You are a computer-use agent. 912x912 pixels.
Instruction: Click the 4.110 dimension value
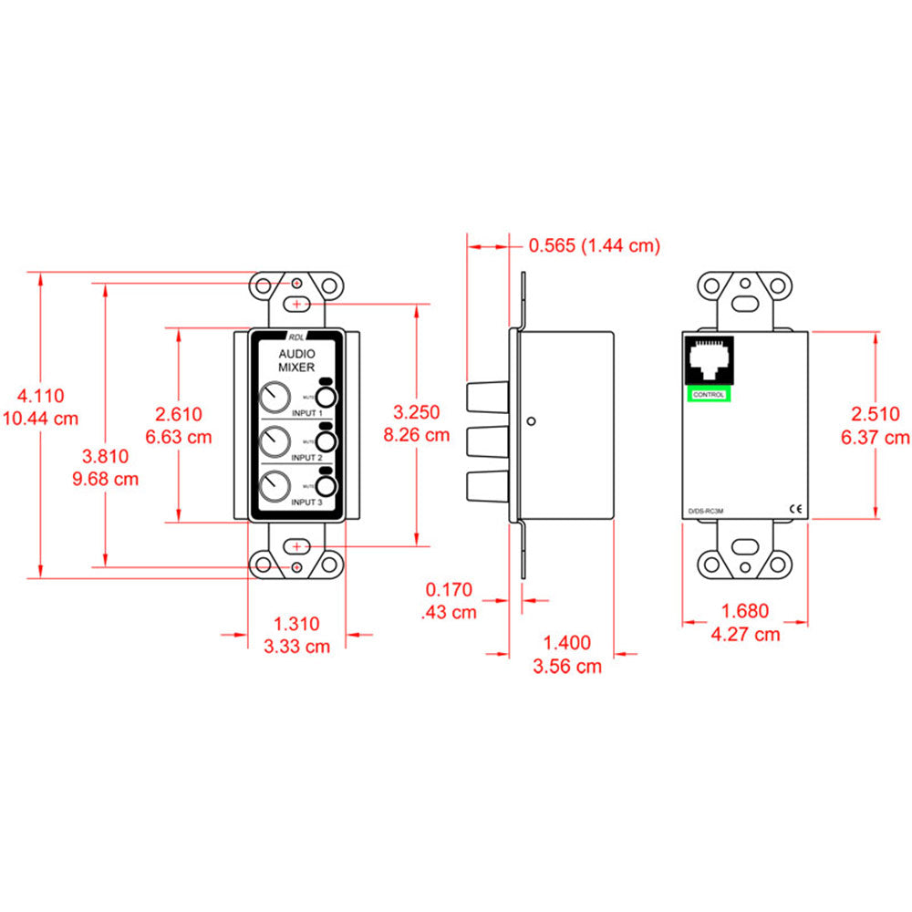[41, 396]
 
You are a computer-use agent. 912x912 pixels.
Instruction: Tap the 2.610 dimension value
[178, 414]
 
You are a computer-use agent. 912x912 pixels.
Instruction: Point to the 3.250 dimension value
[417, 412]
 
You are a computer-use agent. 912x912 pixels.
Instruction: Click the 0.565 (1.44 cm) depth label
[594, 245]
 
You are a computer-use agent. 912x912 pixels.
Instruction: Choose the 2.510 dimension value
[875, 414]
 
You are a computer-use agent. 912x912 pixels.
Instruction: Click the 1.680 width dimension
[744, 611]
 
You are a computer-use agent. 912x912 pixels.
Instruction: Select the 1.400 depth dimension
[566, 643]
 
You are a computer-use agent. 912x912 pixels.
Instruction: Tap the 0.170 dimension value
[449, 590]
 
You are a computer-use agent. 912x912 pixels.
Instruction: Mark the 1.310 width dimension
[296, 624]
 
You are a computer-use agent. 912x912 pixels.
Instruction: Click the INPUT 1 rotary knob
[273, 399]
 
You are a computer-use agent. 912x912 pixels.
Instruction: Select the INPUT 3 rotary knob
[273, 485]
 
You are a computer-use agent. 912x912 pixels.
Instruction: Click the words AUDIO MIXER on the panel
[296, 359]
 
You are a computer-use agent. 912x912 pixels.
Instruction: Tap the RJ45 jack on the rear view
[709, 359]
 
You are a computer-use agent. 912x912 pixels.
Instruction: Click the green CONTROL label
[709, 394]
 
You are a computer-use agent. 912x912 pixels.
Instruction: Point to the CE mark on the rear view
[793, 510]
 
